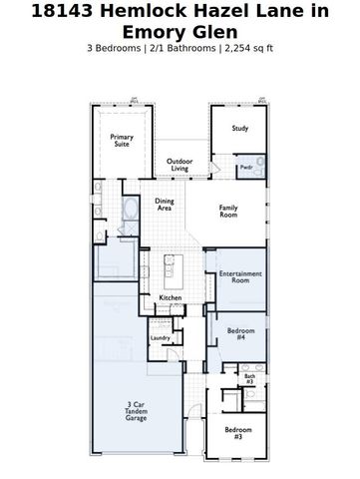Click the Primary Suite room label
click(x=121, y=141)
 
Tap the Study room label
click(x=239, y=129)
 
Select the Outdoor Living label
click(x=180, y=165)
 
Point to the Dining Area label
click(x=165, y=204)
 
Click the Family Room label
click(x=228, y=211)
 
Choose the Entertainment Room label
click(x=240, y=276)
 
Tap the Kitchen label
click(x=171, y=297)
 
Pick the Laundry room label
click(x=161, y=338)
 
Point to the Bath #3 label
click(x=249, y=378)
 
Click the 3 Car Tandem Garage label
click(x=136, y=411)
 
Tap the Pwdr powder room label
click(x=245, y=167)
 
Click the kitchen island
click(x=169, y=266)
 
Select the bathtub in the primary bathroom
click(x=132, y=210)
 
